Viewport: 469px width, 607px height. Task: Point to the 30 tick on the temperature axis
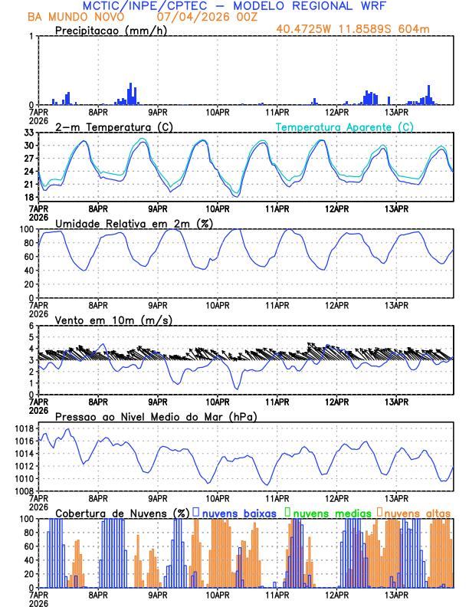pyautogui.click(x=28, y=146)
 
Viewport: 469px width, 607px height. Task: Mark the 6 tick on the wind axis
pyautogui.click(x=30, y=326)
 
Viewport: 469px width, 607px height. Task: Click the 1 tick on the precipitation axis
pyautogui.click(x=30, y=37)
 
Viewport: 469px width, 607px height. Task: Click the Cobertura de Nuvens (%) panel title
pyautogui.click(x=123, y=513)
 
